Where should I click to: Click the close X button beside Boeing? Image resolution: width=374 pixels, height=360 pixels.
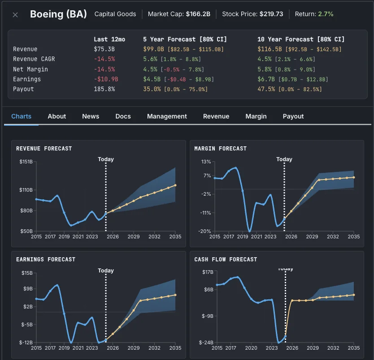click(x=15, y=15)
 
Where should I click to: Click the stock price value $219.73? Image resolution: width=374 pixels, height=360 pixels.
click(x=271, y=14)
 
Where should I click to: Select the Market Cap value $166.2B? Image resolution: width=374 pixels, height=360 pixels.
click(x=198, y=14)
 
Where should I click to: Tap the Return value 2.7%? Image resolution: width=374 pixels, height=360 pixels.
click(x=326, y=14)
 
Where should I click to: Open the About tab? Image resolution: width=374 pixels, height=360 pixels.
click(x=57, y=116)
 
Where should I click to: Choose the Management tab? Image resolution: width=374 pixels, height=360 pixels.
click(x=167, y=116)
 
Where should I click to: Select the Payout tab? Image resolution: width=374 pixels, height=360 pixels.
click(x=293, y=116)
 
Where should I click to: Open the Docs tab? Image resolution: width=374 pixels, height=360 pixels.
click(x=123, y=116)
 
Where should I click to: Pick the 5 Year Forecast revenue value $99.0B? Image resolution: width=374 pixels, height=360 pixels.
click(x=152, y=49)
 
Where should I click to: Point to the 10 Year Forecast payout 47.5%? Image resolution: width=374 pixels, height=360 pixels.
click(x=266, y=89)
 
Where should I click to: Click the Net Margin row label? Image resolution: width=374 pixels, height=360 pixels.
click(x=30, y=69)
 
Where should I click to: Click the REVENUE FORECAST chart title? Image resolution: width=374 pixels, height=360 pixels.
click(x=44, y=149)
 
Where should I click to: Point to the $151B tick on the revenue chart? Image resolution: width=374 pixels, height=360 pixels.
click(x=25, y=162)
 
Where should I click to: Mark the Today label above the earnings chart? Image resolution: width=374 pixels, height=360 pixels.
click(x=106, y=271)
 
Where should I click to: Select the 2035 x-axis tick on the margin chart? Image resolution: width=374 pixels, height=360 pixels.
click(x=354, y=237)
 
